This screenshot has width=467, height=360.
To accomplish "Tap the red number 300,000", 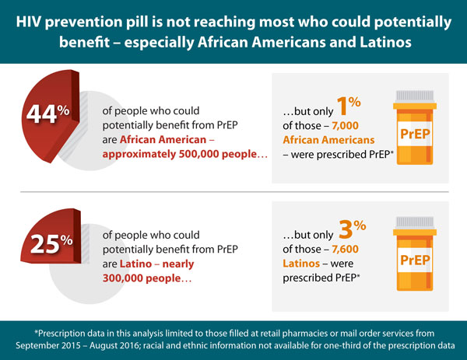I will (x=125, y=278).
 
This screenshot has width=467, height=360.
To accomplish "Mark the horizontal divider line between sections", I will (x=233, y=191).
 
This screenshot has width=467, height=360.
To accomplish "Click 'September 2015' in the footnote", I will (x=54, y=344).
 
